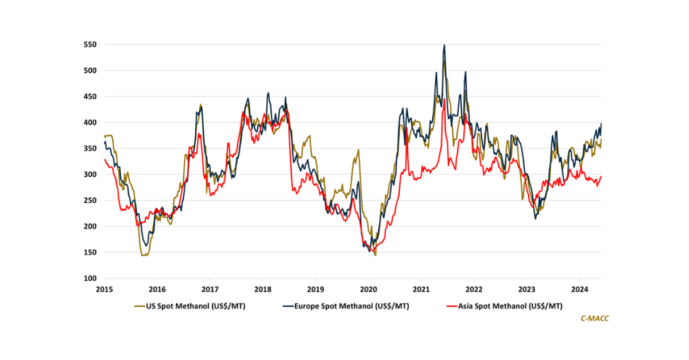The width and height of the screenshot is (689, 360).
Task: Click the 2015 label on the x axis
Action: (104, 289)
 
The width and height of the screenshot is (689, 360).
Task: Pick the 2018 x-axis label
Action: (262, 289)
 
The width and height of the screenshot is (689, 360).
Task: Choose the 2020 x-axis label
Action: (368, 289)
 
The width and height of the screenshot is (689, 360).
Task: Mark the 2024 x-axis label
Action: (579, 289)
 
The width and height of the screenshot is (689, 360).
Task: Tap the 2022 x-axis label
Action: (474, 289)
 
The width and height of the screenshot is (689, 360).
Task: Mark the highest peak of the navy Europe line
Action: (444, 45)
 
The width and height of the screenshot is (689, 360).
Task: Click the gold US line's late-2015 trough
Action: (144, 255)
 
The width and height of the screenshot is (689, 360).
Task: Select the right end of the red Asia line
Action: (601, 176)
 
